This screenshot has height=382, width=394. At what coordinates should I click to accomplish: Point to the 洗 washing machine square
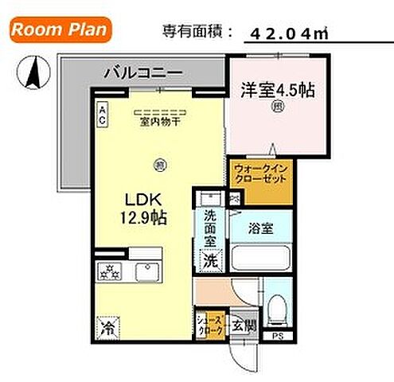pos(210,259)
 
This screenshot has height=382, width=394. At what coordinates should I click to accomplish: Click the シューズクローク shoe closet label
pos(209,325)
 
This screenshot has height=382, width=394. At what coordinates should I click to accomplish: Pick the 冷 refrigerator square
pos(107,325)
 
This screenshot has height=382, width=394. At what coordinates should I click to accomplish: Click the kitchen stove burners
pos(109,273)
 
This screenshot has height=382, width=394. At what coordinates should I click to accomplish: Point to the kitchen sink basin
pos(147,273)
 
